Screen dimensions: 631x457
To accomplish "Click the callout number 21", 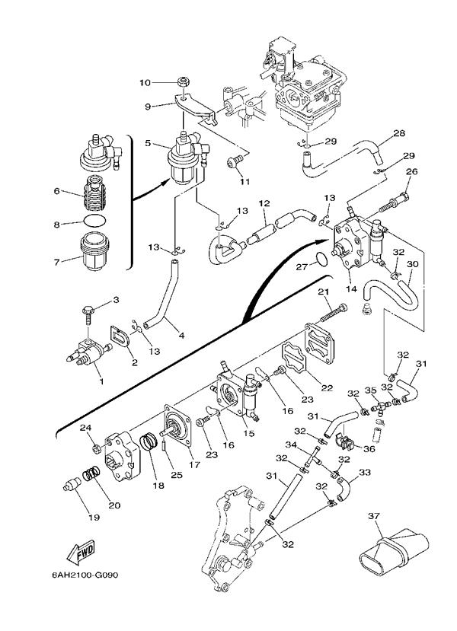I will [x=323, y=293].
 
